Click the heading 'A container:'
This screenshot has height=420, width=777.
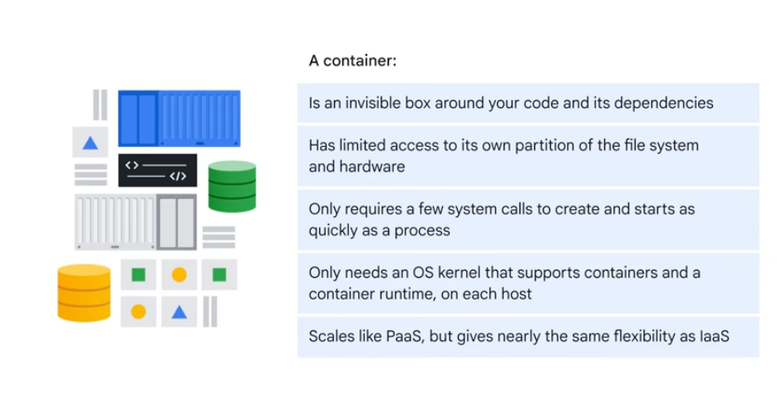(347, 61)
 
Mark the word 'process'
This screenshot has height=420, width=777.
(424, 230)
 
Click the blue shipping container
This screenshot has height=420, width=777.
(179, 119)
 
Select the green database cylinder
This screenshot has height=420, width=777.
(232, 186)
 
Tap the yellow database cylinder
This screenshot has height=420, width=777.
(84, 292)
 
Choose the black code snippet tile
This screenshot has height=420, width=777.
(157, 170)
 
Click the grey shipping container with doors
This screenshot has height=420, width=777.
(135, 222)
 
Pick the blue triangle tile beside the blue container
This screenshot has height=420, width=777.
(91, 143)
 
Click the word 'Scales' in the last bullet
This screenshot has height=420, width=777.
(331, 336)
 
